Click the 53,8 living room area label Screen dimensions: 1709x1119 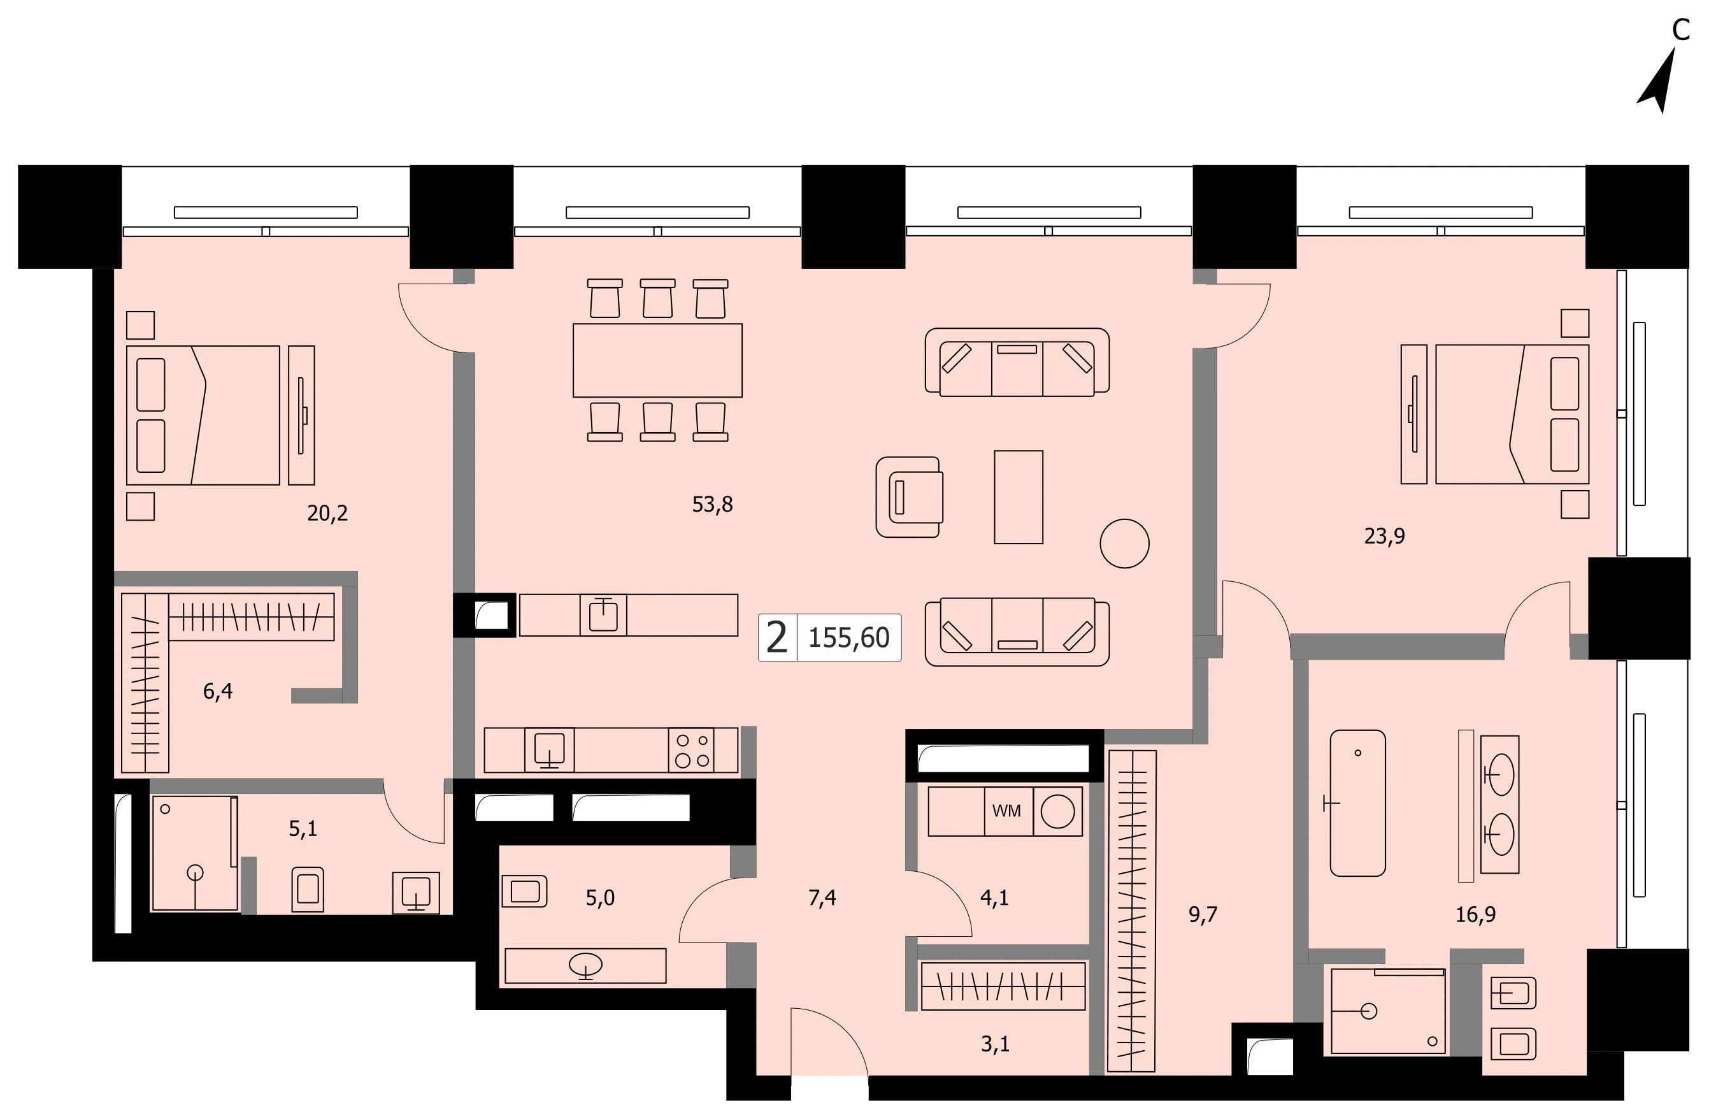click(712, 504)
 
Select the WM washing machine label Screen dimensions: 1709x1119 click(1006, 811)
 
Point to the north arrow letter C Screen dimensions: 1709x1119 click(1681, 30)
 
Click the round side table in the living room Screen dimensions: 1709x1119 click(1124, 544)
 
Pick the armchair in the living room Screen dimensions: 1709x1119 click(909, 497)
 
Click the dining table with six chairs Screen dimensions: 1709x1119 click(657, 360)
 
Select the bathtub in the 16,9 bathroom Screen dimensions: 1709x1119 click(1357, 803)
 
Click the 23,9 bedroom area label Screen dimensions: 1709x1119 click(1384, 536)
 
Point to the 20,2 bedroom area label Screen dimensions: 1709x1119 click(327, 513)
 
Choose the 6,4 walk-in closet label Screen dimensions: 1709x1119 click(218, 691)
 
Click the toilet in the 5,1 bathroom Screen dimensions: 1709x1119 click(307, 889)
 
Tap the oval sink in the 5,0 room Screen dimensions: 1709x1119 click(585, 965)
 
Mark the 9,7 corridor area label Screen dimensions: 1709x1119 click(1203, 914)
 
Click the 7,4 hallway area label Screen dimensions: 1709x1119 click(822, 897)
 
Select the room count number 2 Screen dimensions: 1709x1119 click(777, 638)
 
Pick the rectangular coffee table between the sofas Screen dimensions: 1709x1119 click(1019, 497)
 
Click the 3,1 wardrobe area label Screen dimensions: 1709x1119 click(995, 1044)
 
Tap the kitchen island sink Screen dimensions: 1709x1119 click(603, 615)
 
